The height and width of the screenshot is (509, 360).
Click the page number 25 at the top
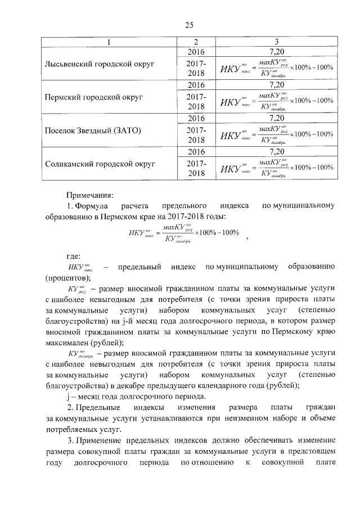coord(190,25)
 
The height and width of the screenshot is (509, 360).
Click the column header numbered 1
coord(109,42)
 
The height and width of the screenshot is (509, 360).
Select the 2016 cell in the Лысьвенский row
coord(196,52)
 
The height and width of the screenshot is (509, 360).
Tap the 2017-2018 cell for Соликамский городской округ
coord(196,168)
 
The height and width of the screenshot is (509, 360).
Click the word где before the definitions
coord(74,255)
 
